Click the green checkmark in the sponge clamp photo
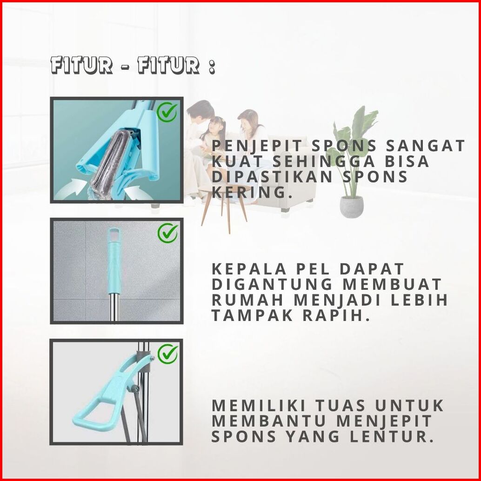167,113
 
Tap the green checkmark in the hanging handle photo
167,233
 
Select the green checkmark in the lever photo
167,354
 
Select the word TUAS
341,405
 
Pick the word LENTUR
392,436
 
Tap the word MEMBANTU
269,421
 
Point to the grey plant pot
352,207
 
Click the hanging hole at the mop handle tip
114,234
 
